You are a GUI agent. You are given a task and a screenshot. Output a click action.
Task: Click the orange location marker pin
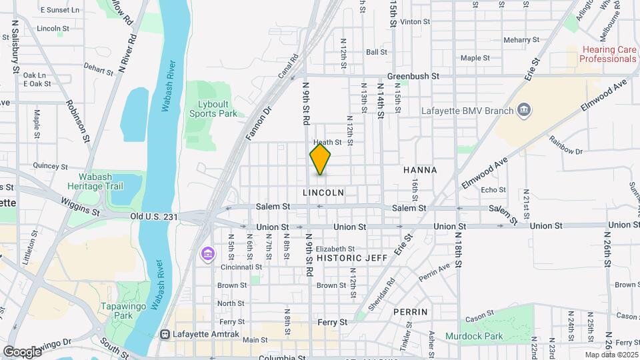[320, 159]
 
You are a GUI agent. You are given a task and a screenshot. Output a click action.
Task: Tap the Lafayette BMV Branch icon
[524, 110]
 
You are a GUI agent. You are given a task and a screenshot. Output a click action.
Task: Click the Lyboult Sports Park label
[217, 109]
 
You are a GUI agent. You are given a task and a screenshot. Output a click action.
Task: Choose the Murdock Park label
[474, 337]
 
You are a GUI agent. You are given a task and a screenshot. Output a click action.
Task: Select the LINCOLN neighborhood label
[323, 193]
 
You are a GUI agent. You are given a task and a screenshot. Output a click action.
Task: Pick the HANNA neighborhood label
[420, 170]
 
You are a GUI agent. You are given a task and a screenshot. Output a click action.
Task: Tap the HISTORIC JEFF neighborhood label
[352, 257]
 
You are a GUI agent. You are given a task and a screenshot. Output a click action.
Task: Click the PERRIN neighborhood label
[410, 311]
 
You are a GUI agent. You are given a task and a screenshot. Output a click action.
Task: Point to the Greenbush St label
[413, 76]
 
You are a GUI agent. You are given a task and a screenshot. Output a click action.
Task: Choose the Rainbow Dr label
[565, 145]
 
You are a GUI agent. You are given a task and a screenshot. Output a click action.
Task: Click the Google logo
[22, 351]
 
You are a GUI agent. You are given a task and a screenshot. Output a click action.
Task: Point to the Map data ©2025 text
[612, 355]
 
